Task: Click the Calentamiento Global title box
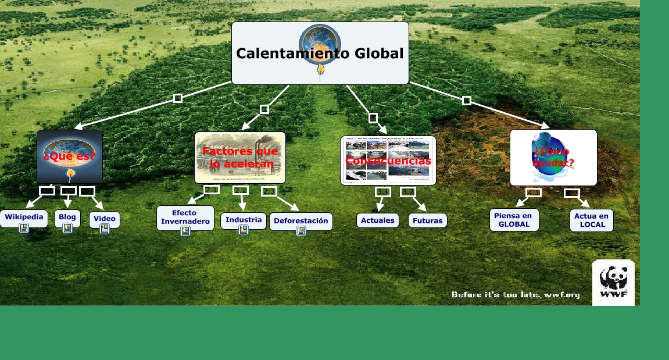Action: (320, 54)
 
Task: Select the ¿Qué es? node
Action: (70, 156)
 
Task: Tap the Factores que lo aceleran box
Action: (240, 158)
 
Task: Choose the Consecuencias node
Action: (388, 161)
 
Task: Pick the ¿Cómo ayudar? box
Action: (553, 158)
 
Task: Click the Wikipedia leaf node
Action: (24, 217)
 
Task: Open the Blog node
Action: (67, 217)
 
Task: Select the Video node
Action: (105, 219)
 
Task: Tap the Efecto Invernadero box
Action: (185, 217)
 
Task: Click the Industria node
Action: (244, 220)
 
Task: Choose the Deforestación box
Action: (301, 220)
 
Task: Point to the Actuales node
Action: (378, 220)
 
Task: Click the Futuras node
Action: (428, 220)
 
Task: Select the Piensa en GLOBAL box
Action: (514, 220)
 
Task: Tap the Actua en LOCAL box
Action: (591, 220)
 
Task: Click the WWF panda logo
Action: (613, 282)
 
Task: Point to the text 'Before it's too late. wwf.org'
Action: (516, 295)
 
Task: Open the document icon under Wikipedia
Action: (24, 228)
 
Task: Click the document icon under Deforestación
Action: (301, 231)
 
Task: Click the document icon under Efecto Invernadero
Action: (185, 231)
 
